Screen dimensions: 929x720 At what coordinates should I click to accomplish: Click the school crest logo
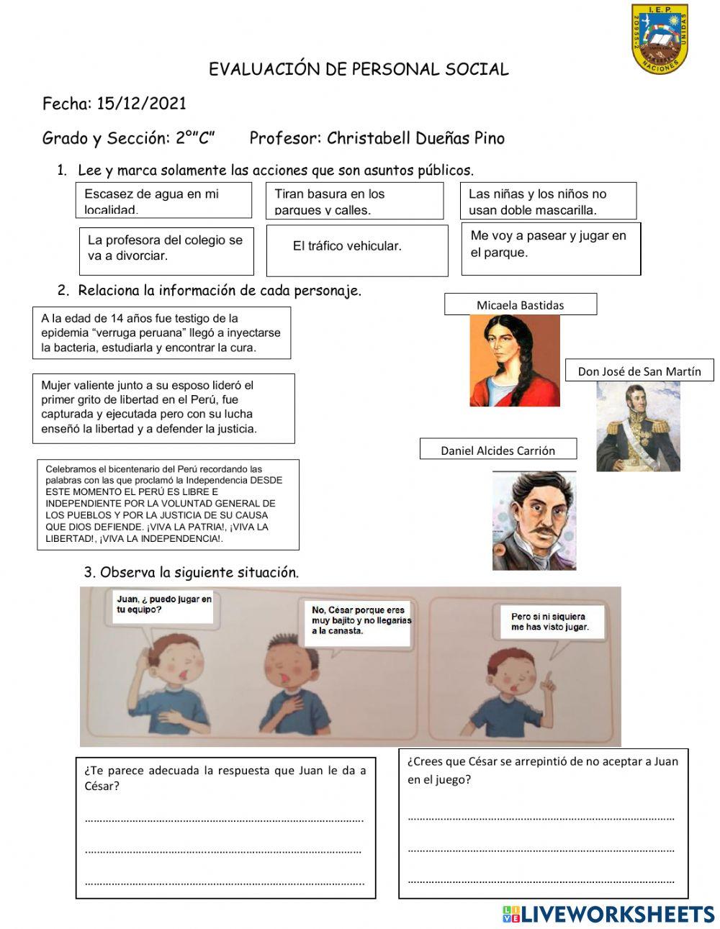click(x=660, y=39)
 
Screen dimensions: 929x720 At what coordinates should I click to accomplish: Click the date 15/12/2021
click(x=141, y=104)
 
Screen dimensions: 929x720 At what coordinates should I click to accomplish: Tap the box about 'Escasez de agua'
click(x=163, y=200)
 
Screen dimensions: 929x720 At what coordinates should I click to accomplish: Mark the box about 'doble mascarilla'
click(x=548, y=201)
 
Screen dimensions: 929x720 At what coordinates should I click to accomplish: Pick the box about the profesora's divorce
click(x=166, y=250)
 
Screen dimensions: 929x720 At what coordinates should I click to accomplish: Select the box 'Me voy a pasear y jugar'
click(x=551, y=248)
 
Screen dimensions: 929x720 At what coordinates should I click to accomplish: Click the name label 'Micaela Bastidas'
click(x=520, y=304)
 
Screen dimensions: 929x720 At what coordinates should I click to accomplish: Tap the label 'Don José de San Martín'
click(x=639, y=371)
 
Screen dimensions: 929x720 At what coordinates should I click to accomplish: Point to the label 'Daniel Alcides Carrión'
click(x=498, y=450)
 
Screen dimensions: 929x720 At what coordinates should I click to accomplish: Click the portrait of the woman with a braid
click(x=514, y=360)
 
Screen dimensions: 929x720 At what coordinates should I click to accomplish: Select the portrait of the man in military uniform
click(x=638, y=427)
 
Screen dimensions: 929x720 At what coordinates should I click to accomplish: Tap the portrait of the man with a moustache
click(x=534, y=521)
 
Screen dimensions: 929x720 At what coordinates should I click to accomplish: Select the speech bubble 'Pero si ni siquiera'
click(x=549, y=622)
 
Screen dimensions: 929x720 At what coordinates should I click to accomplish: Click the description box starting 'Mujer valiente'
click(x=163, y=407)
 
